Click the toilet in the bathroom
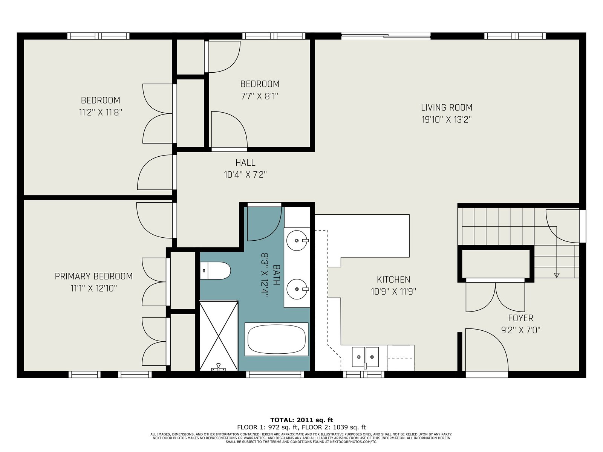(x=215, y=270)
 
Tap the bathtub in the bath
(x=276, y=339)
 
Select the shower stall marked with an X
(x=219, y=336)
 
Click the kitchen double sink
(x=365, y=357)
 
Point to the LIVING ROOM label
(x=447, y=107)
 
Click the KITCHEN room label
(x=393, y=279)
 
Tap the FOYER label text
(x=520, y=318)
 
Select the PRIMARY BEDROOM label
(x=94, y=276)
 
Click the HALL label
(x=245, y=163)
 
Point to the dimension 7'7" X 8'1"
(x=260, y=96)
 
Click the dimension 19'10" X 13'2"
(x=447, y=120)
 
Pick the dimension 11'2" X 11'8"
(x=101, y=113)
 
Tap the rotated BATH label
(x=276, y=275)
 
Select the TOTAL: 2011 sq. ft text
(x=301, y=420)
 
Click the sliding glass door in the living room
(x=386, y=36)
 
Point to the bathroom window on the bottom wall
(x=275, y=374)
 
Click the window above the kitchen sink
(x=364, y=374)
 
